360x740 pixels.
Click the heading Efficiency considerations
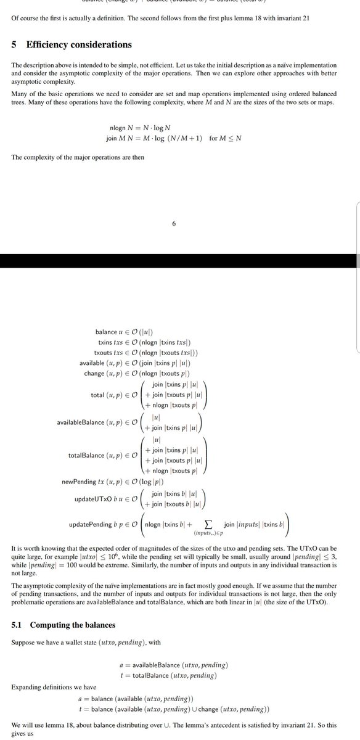[79, 44]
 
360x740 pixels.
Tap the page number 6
[174, 224]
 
